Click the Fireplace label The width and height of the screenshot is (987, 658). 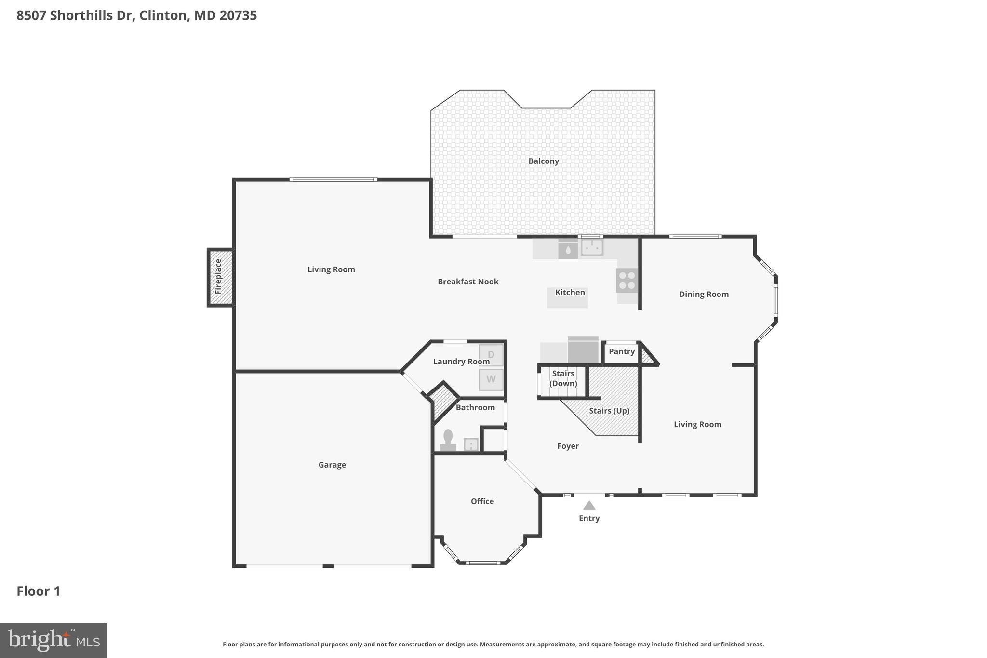(x=218, y=277)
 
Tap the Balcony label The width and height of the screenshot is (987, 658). (x=543, y=161)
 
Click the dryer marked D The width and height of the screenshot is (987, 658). (x=491, y=355)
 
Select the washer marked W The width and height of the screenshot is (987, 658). (x=491, y=379)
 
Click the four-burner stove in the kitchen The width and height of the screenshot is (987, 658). (x=627, y=280)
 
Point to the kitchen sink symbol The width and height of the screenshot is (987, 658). (x=592, y=247)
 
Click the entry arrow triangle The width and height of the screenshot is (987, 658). (x=589, y=505)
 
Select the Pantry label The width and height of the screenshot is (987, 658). (x=621, y=351)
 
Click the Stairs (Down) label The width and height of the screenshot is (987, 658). (x=563, y=378)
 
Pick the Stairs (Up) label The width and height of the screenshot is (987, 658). (x=609, y=411)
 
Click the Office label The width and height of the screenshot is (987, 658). (x=482, y=501)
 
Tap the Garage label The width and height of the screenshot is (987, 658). (x=332, y=465)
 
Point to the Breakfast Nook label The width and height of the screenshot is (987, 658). (x=467, y=282)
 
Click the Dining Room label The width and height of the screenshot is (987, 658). (x=703, y=294)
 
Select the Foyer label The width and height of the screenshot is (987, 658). (x=568, y=446)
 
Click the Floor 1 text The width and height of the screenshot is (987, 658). (x=39, y=591)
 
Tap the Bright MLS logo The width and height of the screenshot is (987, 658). (x=53, y=640)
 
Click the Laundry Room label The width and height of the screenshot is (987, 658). (x=461, y=362)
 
